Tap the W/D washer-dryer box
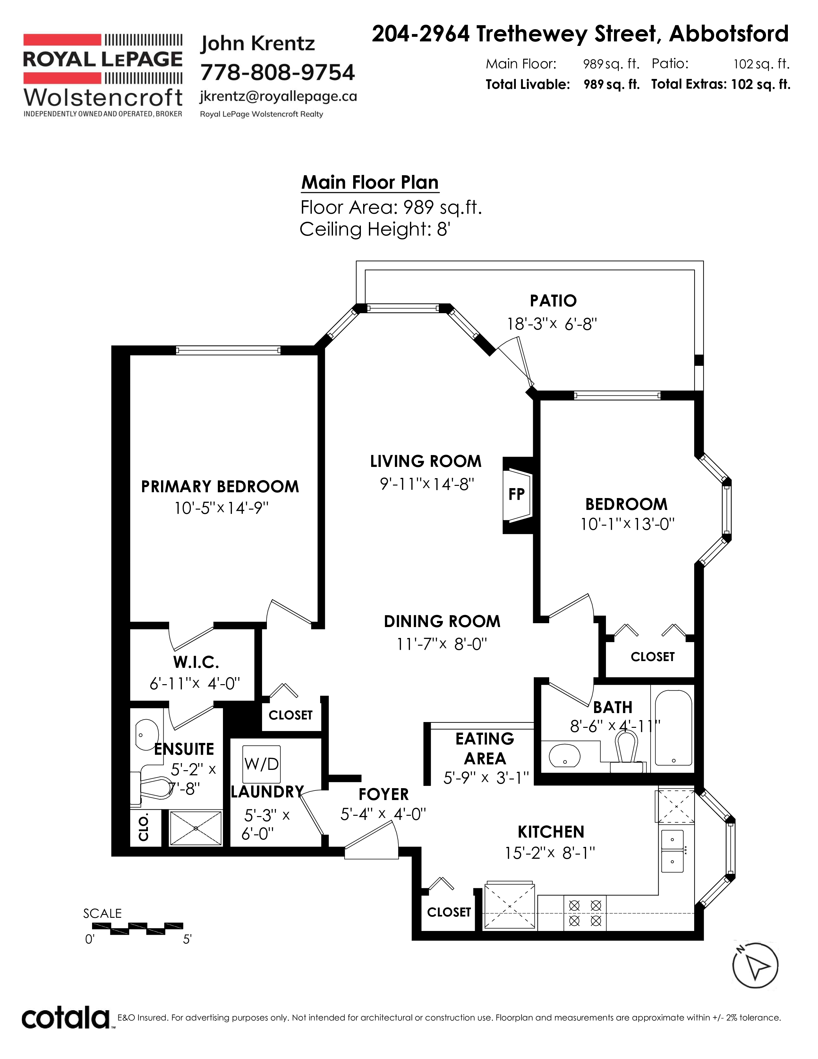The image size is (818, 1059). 262,764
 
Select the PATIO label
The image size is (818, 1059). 553,301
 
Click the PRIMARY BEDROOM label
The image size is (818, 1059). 220,486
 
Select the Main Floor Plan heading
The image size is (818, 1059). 370,182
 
